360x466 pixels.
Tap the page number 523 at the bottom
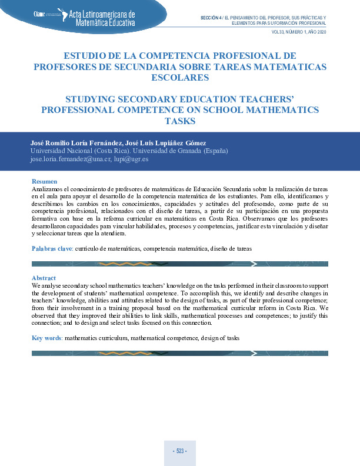pos(179,451)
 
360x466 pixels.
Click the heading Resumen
pos(44,181)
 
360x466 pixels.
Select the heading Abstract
pos(44,278)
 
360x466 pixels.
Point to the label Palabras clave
pos(51,249)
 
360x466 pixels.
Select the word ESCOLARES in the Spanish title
pos(179,77)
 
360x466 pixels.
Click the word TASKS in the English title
pos(179,121)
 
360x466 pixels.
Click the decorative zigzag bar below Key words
pos(179,353)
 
